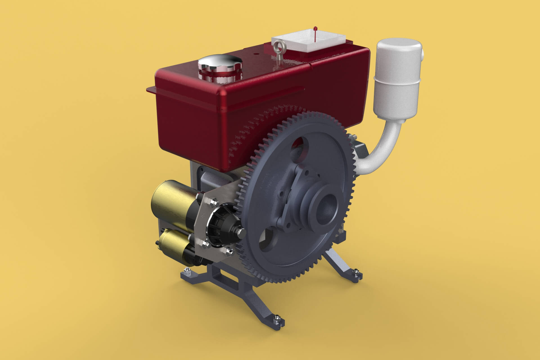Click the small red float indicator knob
coord(315,28)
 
